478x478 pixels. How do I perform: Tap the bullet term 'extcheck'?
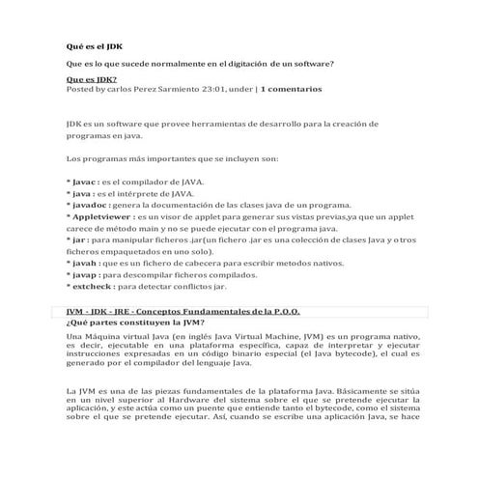(93, 287)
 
